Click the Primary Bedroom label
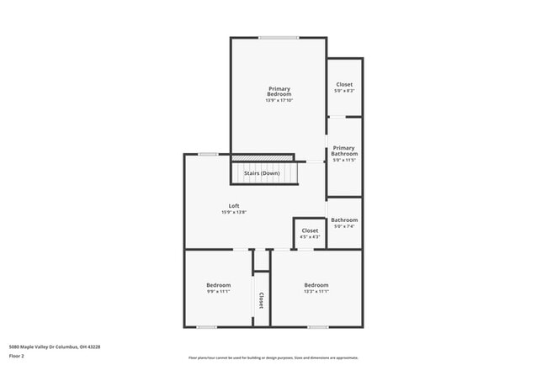pos(279,92)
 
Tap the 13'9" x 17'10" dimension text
pos(279,101)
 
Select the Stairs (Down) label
pos(262,173)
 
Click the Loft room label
pos(234,206)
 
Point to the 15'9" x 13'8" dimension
pos(234,213)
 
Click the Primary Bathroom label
pos(344,151)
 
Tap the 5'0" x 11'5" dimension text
pos(344,161)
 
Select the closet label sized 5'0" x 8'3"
pos(344,84)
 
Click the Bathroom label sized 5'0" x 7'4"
pos(344,220)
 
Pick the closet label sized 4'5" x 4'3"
pos(310,230)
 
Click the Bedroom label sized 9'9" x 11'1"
pos(218,285)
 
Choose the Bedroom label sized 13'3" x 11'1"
pos(316,285)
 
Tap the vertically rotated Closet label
pos(261,300)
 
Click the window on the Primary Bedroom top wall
pos(278,37)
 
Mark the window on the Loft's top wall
pos(208,154)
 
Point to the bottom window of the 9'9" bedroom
pos(207,327)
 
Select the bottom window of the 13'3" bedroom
pos(317,327)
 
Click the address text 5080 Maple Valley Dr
pos(48,346)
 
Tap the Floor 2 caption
pos(16,356)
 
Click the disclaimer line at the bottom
pos(273,358)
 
